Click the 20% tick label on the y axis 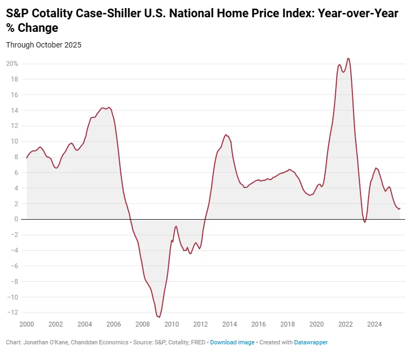tap(12, 64)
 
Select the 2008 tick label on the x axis tap(142, 324)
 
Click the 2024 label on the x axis tap(375, 324)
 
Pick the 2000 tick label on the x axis tap(26, 324)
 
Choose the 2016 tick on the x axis tap(258, 324)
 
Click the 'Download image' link tap(232, 343)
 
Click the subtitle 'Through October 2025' tap(44, 45)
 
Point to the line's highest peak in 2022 tap(348, 58)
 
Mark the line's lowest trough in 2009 tap(159, 317)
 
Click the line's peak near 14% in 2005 tap(109, 107)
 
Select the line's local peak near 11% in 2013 tap(226, 134)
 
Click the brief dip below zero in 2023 tap(365, 222)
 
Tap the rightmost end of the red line tap(400, 208)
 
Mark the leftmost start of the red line tap(26, 158)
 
